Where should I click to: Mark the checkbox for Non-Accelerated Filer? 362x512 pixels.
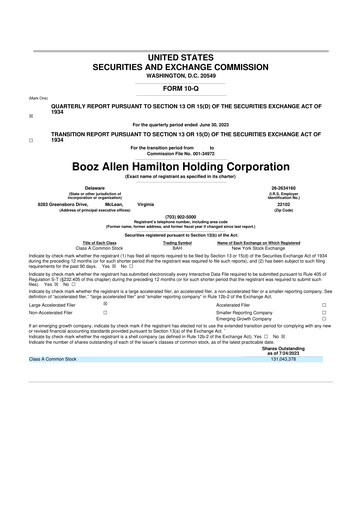[x=105, y=314]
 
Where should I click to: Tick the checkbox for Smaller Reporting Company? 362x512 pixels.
[x=324, y=314]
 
